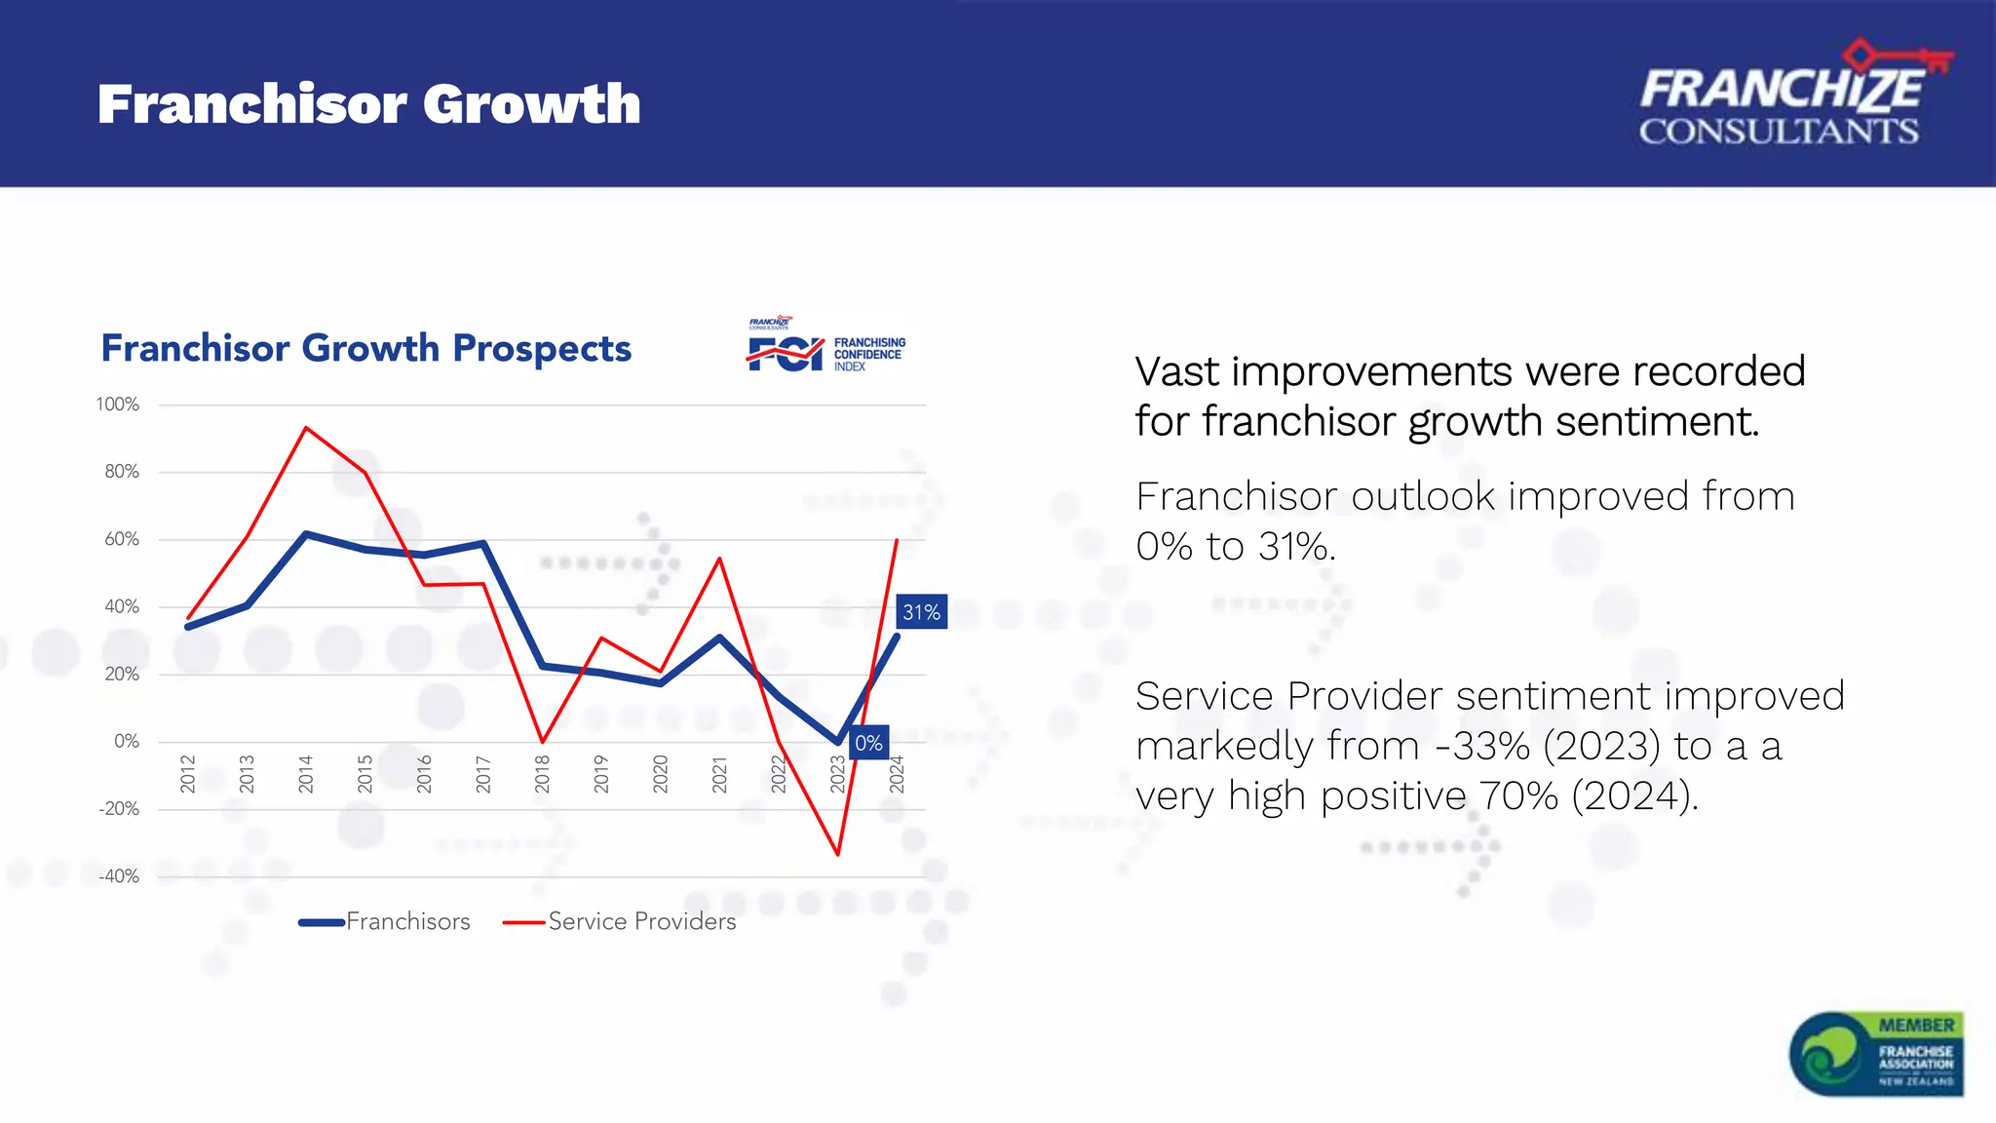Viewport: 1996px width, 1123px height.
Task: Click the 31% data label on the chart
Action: point(921,612)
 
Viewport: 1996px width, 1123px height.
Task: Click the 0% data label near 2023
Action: point(868,744)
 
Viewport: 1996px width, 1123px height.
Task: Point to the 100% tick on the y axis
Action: point(118,405)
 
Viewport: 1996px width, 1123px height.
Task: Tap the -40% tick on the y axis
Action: point(119,876)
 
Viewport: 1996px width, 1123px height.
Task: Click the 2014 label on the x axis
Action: point(306,773)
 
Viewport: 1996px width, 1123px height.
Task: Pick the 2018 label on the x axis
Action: point(543,773)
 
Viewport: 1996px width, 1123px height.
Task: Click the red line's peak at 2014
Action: point(306,428)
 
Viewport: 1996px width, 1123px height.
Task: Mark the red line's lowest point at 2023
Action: point(838,855)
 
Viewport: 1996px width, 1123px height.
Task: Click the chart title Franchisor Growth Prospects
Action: point(366,348)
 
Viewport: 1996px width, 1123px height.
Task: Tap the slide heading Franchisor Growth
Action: point(369,104)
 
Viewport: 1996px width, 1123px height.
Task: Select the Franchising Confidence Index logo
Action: point(826,346)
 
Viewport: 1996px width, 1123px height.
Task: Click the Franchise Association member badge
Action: point(1876,1054)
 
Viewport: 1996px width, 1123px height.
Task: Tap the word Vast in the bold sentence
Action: point(1177,372)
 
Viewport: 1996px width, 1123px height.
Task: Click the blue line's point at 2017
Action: point(483,544)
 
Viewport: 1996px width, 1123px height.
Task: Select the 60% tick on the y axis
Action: point(122,539)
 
